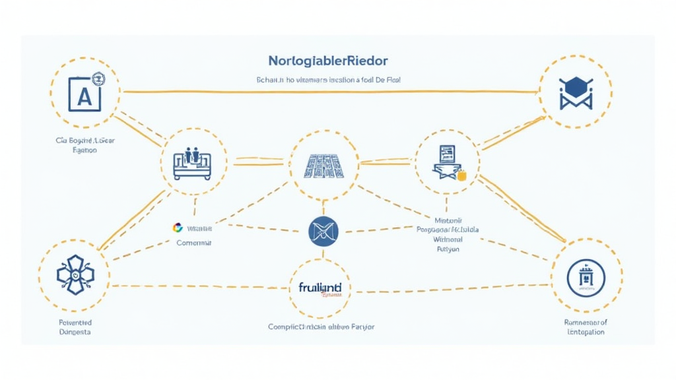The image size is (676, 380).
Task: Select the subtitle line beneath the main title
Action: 328,79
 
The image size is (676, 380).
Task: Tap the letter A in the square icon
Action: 84,97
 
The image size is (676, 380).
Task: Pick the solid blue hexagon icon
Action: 574,84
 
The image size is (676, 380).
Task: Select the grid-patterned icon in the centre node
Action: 323,164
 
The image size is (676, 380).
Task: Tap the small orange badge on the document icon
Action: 461,175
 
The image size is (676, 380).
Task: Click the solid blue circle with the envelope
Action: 323,230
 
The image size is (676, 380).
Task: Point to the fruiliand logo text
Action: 320,288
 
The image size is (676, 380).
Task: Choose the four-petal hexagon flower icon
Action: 75,274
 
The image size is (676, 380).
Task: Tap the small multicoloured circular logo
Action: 177,228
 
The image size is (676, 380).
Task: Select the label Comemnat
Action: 194,243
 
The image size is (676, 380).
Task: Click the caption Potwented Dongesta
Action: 75,327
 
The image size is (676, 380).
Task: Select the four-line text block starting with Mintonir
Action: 448,235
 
